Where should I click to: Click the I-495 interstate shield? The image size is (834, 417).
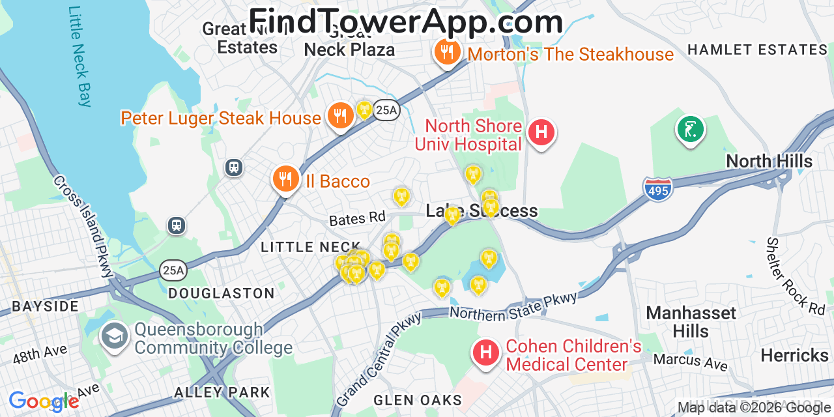[657, 189]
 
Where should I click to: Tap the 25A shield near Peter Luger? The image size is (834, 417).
[386, 111]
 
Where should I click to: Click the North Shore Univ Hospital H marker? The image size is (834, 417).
[541, 132]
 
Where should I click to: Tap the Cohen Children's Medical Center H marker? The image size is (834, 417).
[485, 353]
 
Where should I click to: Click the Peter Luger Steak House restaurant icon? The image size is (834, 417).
[340, 116]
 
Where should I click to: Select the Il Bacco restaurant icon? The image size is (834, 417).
[285, 179]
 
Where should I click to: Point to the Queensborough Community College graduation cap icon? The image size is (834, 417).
[114, 337]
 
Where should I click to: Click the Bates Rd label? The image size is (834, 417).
[357, 218]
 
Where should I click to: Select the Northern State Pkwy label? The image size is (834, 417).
[513, 306]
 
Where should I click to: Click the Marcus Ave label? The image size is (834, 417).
[690, 361]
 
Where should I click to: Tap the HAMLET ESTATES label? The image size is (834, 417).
[757, 50]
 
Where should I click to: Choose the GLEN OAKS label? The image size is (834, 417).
[418, 400]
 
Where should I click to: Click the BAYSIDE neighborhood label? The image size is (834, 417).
[45, 306]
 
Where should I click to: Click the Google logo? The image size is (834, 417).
[44, 401]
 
